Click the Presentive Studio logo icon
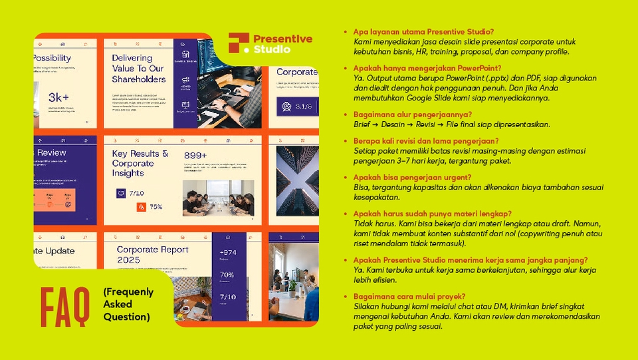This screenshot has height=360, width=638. pos(239,43)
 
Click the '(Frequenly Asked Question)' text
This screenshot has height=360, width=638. pos(128,305)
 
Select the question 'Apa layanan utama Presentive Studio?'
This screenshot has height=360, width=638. pos(423,32)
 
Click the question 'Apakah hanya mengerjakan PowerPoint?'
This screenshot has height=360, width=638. pos(427,69)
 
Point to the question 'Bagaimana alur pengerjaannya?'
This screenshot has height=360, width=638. pos(413,114)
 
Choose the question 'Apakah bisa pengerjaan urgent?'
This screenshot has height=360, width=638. pos(413,177)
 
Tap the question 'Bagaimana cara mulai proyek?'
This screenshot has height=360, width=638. pos(409,296)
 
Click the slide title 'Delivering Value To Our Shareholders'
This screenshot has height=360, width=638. pos(138,69)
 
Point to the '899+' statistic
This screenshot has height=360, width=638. pos(196,156)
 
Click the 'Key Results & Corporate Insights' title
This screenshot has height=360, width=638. pos(140,163)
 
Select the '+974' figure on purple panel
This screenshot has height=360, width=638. pos(227,252)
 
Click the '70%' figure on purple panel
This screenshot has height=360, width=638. pos(227,274)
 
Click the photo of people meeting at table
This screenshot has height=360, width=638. pos(217,198)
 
